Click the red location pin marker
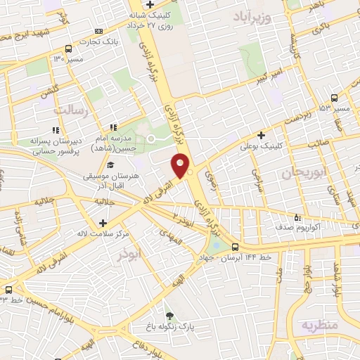(x=180, y=166)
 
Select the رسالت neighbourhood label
(x=71, y=110)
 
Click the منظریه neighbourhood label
(x=320, y=326)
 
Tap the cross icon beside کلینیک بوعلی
(x=262, y=134)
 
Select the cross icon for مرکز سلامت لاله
(x=103, y=223)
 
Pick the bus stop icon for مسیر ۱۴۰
(x=68, y=49)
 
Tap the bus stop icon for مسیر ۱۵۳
(x=333, y=98)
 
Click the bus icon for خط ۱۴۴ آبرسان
(x=235, y=247)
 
